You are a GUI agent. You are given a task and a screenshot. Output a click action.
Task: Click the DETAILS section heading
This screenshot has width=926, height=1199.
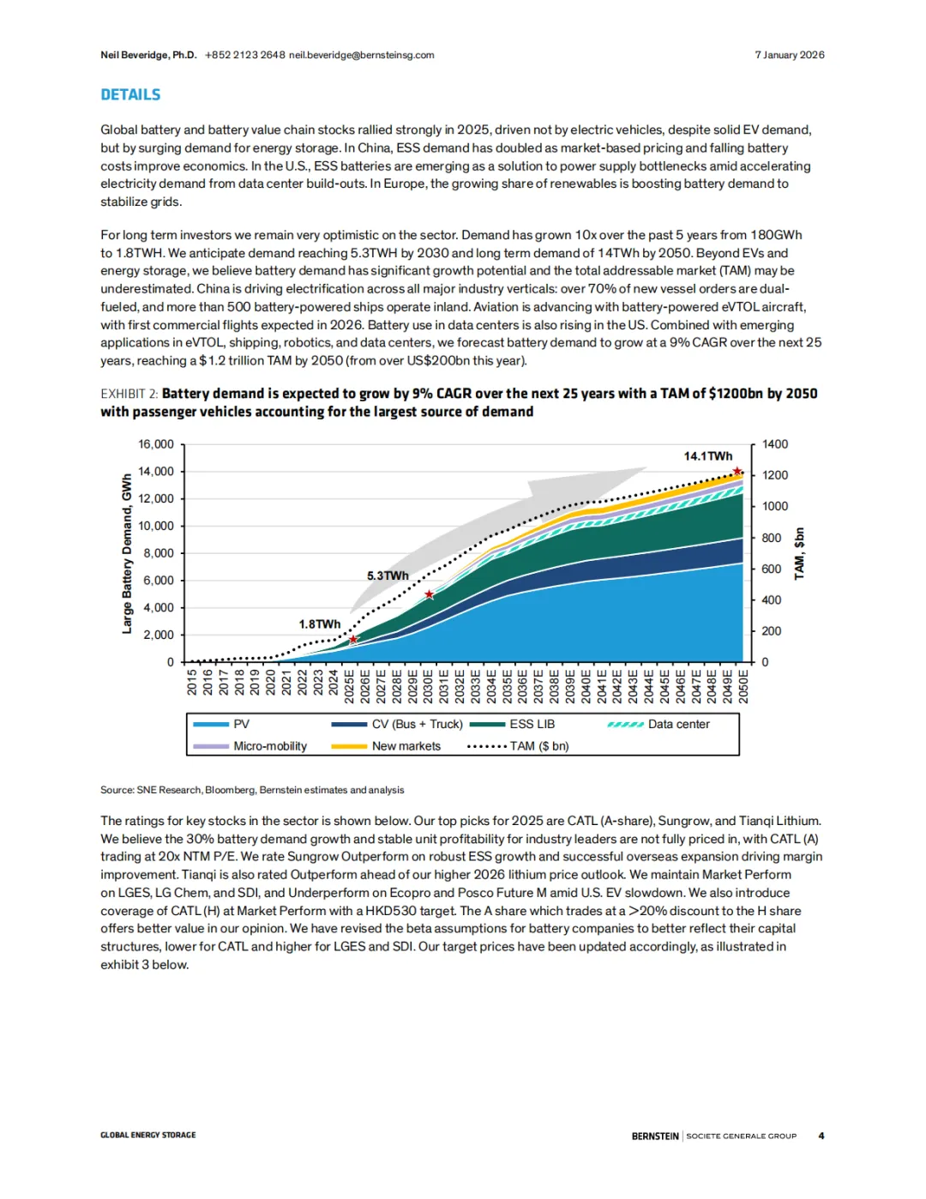[x=130, y=94]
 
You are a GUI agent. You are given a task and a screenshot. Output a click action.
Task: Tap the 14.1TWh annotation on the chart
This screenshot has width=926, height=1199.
[x=707, y=456]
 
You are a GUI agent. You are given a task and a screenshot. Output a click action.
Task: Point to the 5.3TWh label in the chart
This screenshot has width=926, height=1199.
[x=388, y=575]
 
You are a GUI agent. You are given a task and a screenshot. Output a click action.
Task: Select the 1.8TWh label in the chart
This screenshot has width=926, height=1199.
[x=319, y=624]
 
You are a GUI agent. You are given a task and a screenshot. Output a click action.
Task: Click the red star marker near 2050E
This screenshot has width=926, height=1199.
[x=737, y=472]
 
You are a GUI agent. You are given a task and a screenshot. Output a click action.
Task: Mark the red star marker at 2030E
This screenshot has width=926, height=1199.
[x=430, y=594]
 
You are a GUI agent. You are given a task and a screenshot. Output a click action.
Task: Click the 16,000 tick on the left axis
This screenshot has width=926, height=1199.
[x=156, y=444]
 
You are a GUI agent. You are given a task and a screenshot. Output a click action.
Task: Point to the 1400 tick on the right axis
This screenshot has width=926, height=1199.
[x=774, y=444]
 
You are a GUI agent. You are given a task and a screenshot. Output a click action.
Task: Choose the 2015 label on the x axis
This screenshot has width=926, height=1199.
[x=192, y=683]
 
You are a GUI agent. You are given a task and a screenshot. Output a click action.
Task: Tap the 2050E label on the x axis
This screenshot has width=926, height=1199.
[x=743, y=686]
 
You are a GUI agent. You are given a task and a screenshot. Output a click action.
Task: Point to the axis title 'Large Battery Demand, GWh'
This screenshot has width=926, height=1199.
[x=127, y=553]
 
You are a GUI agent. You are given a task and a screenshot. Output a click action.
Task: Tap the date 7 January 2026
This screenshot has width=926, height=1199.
[x=789, y=55]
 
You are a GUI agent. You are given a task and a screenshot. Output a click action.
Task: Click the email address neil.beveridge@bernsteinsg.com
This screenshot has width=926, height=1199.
[x=361, y=55]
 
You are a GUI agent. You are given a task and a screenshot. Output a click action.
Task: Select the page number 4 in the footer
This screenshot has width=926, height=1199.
[x=821, y=1136]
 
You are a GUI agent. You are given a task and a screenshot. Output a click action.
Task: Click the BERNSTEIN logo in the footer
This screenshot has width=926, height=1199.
[x=655, y=1136]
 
